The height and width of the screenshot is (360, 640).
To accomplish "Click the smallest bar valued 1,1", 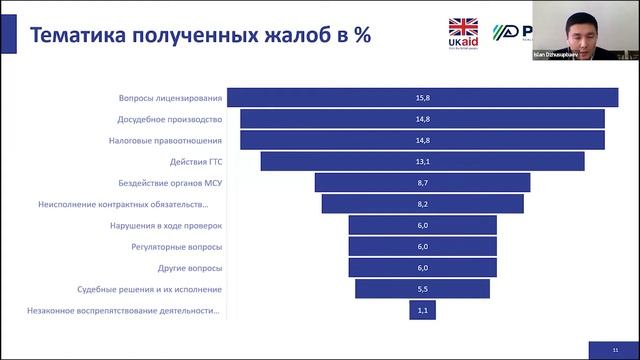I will point(422,311).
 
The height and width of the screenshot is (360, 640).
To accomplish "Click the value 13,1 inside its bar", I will point(422,161).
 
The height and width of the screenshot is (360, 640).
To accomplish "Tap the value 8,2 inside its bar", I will point(422,204).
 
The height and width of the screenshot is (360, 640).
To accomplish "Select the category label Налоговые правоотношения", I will point(165,140).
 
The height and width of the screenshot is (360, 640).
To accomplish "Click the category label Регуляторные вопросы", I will point(177,246).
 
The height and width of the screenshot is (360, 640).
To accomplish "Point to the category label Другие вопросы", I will point(190,268).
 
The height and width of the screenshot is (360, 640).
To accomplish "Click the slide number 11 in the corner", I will point(616,348).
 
